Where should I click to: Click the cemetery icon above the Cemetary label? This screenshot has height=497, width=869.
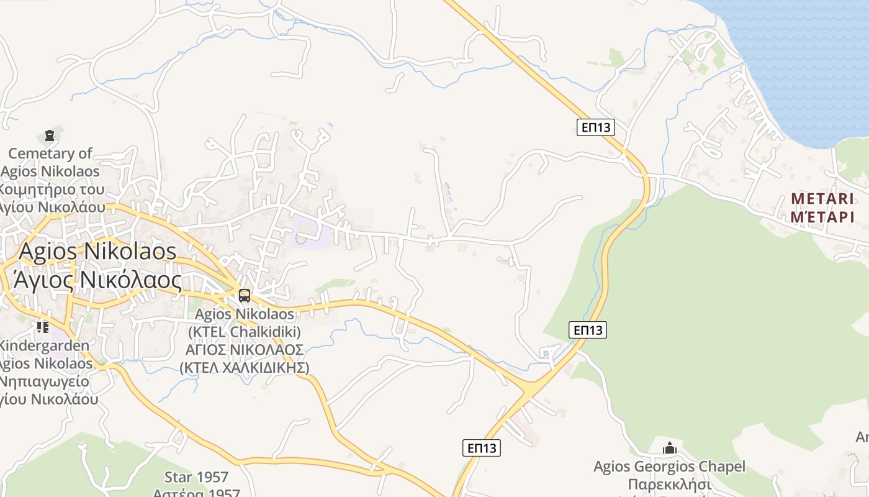[x=49, y=135]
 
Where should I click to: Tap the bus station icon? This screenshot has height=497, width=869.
[x=245, y=296]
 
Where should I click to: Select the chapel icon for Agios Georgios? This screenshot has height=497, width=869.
[x=669, y=448]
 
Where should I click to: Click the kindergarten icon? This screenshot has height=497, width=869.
[x=42, y=327]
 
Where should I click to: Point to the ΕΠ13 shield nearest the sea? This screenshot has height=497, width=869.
[x=595, y=127]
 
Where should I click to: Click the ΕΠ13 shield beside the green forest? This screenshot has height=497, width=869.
[x=587, y=330]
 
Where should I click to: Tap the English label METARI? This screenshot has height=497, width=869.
[x=822, y=199]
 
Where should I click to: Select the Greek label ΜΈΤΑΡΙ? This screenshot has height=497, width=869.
[x=822, y=217]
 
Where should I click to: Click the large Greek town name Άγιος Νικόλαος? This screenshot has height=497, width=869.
[x=93, y=280]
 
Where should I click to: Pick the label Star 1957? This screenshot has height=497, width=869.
[x=196, y=477]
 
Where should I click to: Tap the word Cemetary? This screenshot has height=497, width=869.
[x=50, y=153]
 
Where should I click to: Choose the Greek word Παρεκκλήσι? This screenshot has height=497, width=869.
[x=669, y=484]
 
